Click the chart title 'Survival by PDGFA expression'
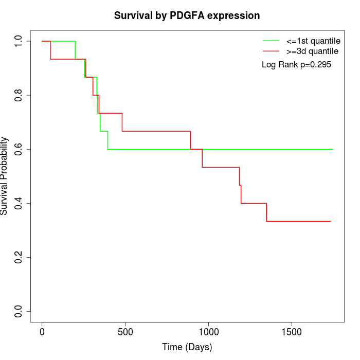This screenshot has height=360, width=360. (x=187, y=16)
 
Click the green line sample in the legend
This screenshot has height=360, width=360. (x=271, y=41)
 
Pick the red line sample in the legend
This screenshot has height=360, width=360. (x=271, y=51)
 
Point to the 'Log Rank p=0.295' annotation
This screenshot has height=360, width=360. (x=296, y=65)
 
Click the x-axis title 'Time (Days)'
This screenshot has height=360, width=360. (x=187, y=347)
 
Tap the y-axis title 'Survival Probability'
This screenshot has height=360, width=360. (x=5, y=176)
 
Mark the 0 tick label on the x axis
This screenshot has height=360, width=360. (x=42, y=332)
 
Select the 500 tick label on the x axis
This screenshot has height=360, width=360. (x=125, y=332)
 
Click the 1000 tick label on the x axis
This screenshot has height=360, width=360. (x=208, y=332)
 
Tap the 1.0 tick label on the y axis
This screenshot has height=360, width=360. (x=20, y=41)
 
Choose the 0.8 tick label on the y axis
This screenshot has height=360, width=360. (x=20, y=95)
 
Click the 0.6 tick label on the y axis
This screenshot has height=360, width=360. (x=20, y=149)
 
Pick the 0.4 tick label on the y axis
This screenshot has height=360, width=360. (x=20, y=203)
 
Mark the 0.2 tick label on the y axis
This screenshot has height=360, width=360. (x=20, y=257)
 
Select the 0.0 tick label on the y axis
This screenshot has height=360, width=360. (x=20, y=311)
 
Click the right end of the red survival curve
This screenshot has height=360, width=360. (x=330, y=221)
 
